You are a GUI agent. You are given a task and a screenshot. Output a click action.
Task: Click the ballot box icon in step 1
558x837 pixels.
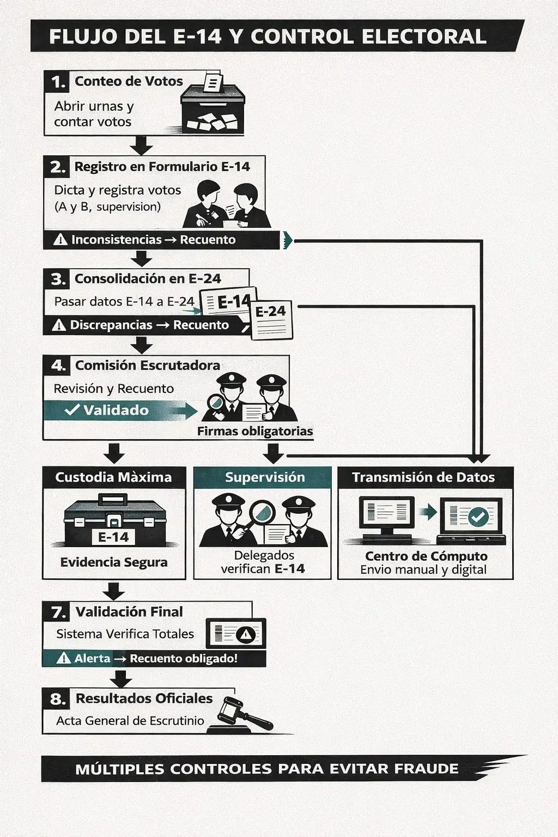213,106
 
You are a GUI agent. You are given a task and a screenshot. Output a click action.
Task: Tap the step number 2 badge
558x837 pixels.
57,167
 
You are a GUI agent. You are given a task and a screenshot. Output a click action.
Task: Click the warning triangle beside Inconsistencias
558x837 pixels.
60,240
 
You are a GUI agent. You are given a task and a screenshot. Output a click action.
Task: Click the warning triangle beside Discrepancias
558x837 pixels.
58,325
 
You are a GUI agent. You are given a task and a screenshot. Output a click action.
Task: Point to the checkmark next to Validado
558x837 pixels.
72,410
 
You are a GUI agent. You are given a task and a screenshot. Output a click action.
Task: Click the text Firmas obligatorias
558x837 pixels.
255,431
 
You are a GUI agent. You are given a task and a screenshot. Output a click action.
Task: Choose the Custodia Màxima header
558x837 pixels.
113,477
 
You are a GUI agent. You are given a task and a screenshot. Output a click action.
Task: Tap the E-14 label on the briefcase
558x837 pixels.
113,537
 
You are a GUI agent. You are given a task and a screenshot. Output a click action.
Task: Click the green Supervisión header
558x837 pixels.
264,477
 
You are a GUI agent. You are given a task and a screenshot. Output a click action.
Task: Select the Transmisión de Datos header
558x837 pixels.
423,477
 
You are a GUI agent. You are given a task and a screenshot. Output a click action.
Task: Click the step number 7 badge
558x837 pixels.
57,612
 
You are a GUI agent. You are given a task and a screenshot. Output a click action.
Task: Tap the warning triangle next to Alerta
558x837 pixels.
64,658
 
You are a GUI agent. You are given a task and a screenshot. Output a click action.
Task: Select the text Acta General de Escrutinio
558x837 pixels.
130,720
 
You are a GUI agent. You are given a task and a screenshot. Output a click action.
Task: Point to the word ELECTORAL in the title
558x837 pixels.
424,37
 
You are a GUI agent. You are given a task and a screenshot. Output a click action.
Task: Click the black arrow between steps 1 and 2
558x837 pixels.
142,145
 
